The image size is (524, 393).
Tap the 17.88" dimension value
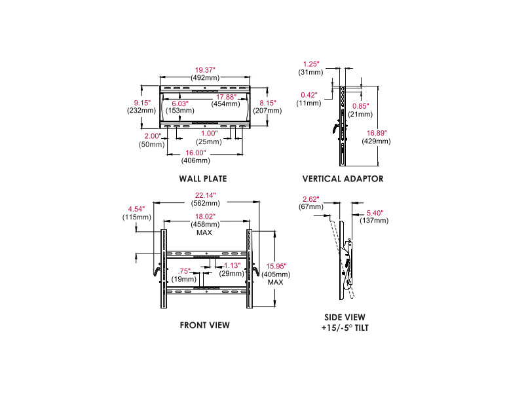(x=224, y=96)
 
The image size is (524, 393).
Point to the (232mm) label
(x=141, y=110)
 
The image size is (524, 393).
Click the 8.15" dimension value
(x=267, y=103)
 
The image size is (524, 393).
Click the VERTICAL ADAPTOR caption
(x=343, y=178)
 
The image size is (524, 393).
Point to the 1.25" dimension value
(x=310, y=64)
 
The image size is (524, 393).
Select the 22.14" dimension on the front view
(x=206, y=195)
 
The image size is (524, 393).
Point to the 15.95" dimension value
(x=275, y=267)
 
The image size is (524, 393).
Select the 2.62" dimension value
(x=310, y=199)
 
